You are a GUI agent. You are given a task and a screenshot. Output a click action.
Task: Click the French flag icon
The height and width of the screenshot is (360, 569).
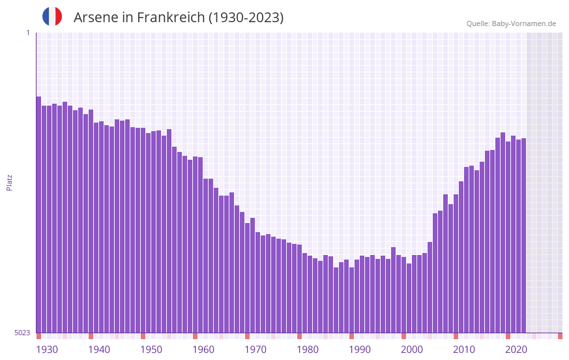click(x=52, y=17)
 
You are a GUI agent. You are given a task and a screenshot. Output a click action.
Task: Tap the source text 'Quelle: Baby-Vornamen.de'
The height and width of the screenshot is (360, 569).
click(x=511, y=23)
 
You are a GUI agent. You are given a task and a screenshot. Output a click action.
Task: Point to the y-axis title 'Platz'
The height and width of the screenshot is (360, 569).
click(x=9, y=182)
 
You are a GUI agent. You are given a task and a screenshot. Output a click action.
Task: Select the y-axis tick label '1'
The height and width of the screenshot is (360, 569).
click(x=27, y=33)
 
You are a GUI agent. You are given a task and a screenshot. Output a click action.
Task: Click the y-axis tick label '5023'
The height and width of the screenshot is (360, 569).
click(x=22, y=333)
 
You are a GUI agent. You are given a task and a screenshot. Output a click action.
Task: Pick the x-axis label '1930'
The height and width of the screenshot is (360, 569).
click(x=47, y=350)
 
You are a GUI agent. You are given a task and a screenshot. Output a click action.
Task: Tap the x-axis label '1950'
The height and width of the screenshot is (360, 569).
click(x=151, y=350)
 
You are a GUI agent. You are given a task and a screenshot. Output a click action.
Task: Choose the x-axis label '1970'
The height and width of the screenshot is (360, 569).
click(x=255, y=350)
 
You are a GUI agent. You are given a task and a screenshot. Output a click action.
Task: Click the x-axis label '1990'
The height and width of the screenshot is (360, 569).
click(x=360, y=350)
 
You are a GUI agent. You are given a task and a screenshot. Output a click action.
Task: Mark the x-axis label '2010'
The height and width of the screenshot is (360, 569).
click(x=464, y=350)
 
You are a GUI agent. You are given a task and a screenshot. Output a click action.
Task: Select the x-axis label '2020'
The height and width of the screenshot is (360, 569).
click(x=516, y=350)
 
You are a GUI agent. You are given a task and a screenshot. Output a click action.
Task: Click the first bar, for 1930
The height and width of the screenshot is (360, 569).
click(x=38, y=215)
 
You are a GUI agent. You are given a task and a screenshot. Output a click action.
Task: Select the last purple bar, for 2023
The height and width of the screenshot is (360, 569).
click(x=523, y=235)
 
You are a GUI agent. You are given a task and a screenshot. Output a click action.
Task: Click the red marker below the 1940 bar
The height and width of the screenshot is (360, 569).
click(x=91, y=336)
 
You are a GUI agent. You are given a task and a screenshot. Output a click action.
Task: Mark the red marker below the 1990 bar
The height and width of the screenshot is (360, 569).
click(x=351, y=336)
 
